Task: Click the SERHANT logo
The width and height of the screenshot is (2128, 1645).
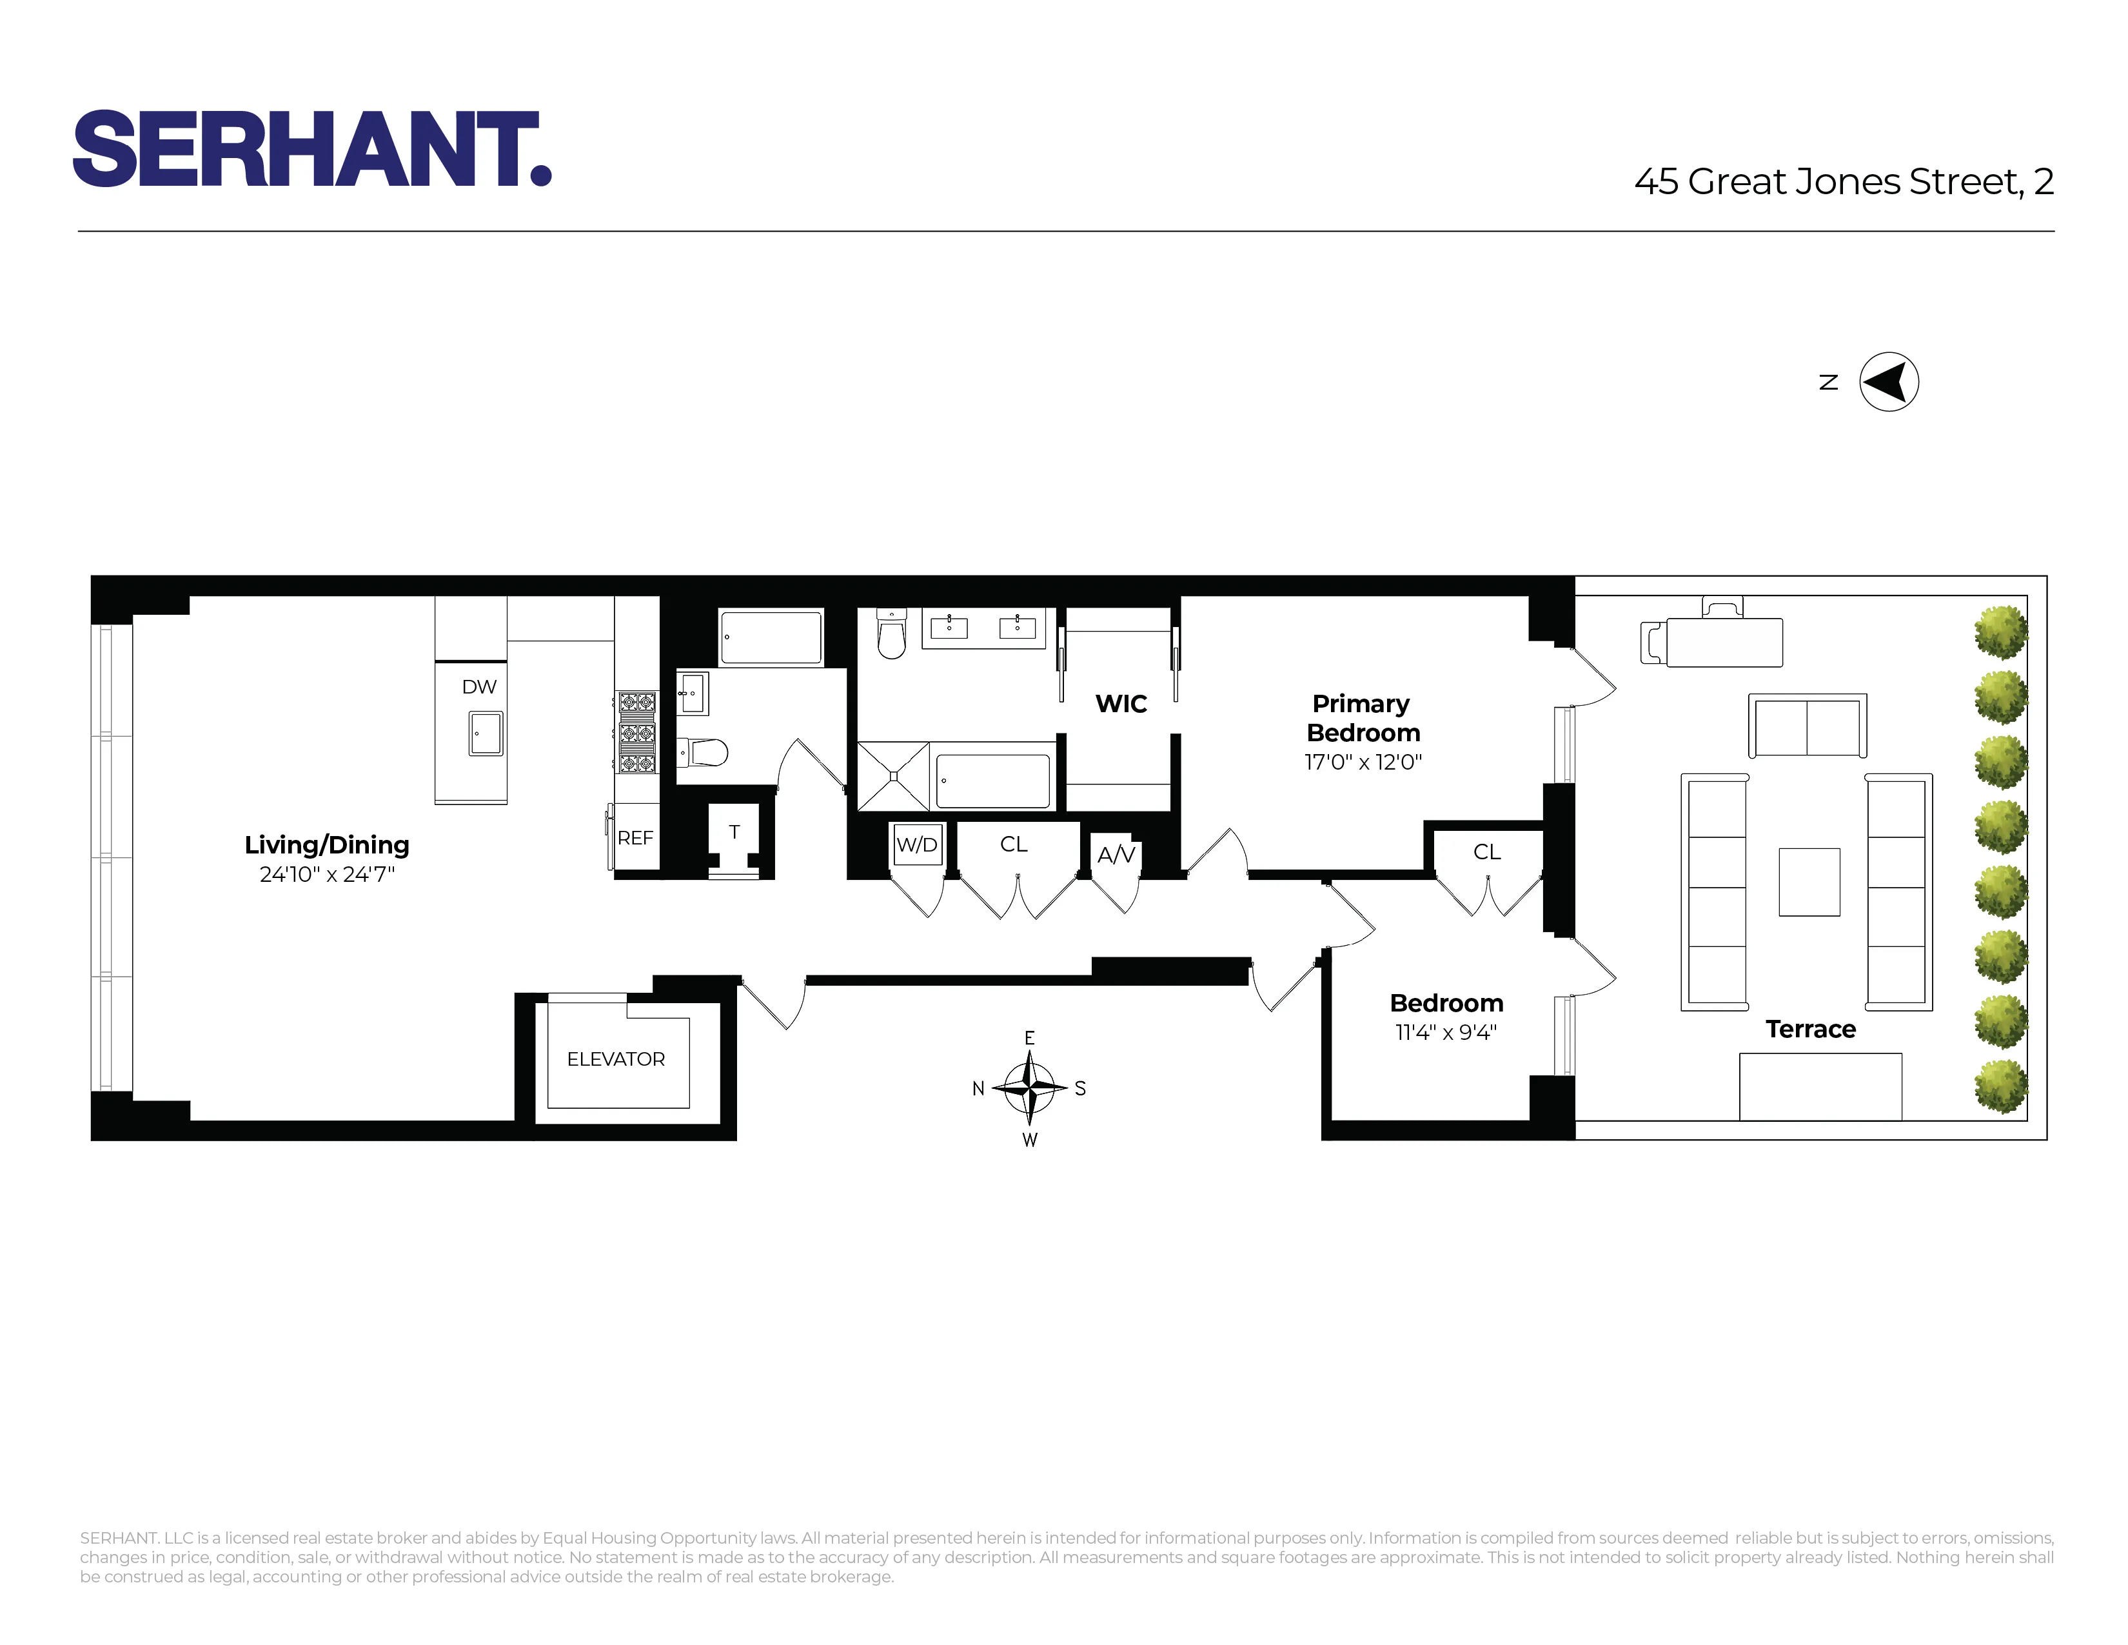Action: tap(312, 148)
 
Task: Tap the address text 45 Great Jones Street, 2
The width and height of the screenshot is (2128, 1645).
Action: tap(1844, 182)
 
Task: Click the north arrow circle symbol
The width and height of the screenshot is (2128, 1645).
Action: tap(1888, 382)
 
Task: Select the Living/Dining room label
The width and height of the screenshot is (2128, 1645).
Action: tap(326, 845)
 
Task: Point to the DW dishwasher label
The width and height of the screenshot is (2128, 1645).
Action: tap(478, 687)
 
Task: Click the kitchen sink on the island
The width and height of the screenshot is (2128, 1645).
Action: tap(485, 733)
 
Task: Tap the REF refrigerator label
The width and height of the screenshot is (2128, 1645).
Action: tap(635, 838)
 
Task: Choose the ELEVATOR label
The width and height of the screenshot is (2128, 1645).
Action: tap(616, 1059)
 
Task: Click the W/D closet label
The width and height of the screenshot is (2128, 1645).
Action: tap(917, 845)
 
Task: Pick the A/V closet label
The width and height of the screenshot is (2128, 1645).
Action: tap(1116, 855)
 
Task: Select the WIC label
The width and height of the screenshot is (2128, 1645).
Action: tap(1121, 704)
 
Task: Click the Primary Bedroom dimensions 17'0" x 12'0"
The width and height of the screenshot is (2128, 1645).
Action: tap(1362, 762)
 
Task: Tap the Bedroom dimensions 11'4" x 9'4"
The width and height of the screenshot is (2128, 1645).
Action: tap(1446, 1033)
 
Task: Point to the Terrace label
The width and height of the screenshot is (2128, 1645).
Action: tap(1810, 1029)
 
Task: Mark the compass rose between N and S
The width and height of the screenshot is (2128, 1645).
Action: tap(1029, 1088)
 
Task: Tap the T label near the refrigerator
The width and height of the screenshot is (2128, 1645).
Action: tap(734, 832)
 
